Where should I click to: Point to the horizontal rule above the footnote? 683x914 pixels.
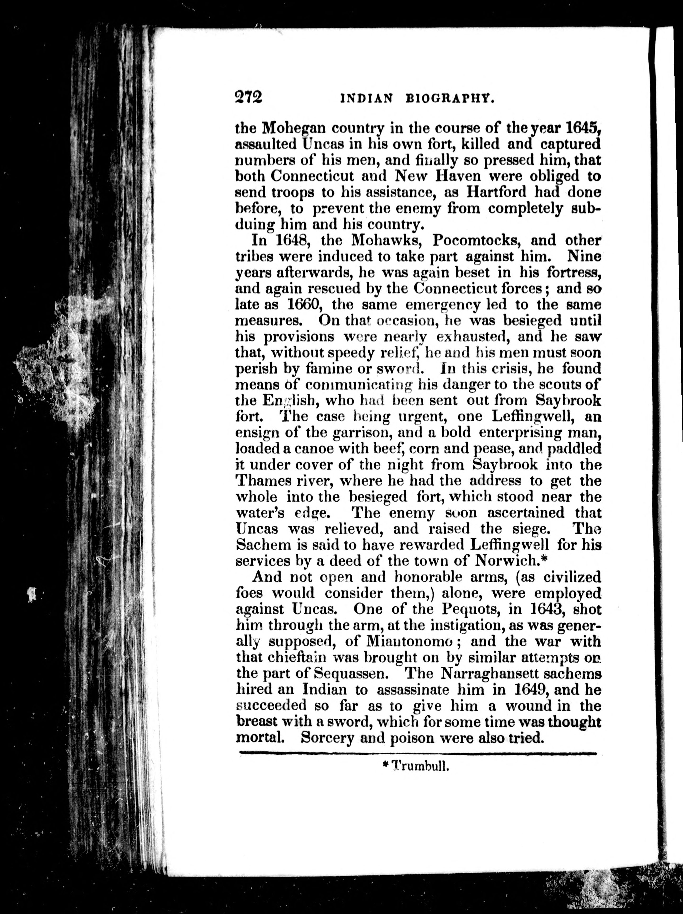tap(417, 754)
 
